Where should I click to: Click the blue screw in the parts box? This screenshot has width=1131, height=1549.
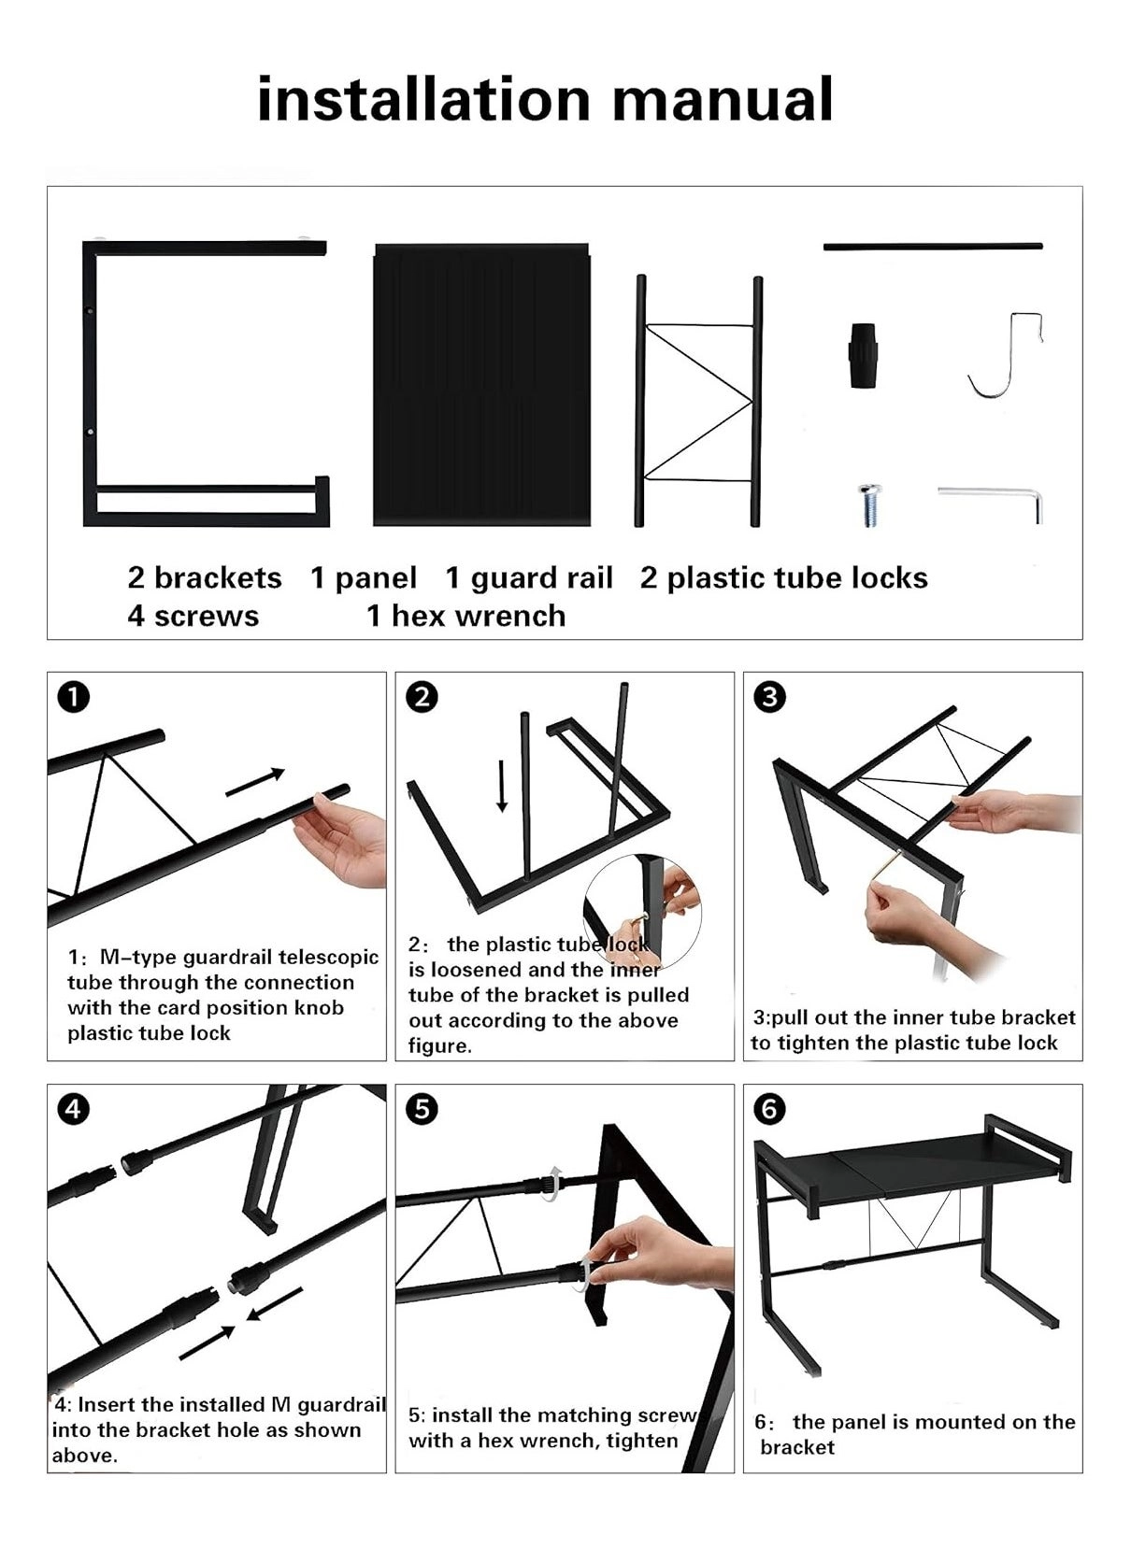click(869, 505)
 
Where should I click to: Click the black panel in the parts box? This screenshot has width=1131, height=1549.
click(481, 385)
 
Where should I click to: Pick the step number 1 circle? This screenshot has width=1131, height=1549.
click(73, 697)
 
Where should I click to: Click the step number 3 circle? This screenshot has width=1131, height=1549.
click(768, 697)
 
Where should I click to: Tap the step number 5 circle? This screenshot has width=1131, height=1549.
click(422, 1109)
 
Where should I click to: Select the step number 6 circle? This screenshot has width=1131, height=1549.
click(768, 1109)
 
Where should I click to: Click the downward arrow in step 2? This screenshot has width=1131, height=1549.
click(502, 785)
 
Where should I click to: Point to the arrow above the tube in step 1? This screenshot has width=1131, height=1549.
click(255, 783)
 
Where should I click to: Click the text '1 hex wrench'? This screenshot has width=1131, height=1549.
click(465, 616)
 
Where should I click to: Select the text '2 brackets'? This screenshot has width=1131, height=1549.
click(205, 577)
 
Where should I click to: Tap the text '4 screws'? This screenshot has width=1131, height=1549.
click(193, 616)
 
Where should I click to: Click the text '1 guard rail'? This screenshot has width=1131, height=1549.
click(528, 577)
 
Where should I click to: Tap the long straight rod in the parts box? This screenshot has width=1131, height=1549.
click(932, 247)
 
